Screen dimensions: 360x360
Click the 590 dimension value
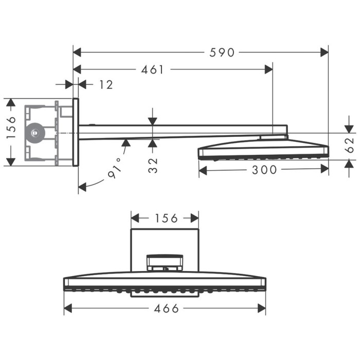(x=222, y=52)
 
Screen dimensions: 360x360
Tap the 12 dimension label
(x=106, y=84)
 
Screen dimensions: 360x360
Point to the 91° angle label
(x=115, y=168)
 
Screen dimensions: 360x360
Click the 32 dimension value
(x=153, y=164)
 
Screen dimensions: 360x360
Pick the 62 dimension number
(x=350, y=145)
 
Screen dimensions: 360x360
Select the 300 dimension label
(x=264, y=170)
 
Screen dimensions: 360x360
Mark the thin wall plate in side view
(x=76, y=132)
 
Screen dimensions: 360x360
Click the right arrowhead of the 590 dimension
(x=325, y=52)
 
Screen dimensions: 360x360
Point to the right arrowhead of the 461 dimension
(x=269, y=69)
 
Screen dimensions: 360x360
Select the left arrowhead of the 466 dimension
(x=67, y=309)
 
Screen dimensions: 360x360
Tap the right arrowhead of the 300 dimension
(x=325, y=170)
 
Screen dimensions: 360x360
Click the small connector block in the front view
(x=165, y=262)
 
